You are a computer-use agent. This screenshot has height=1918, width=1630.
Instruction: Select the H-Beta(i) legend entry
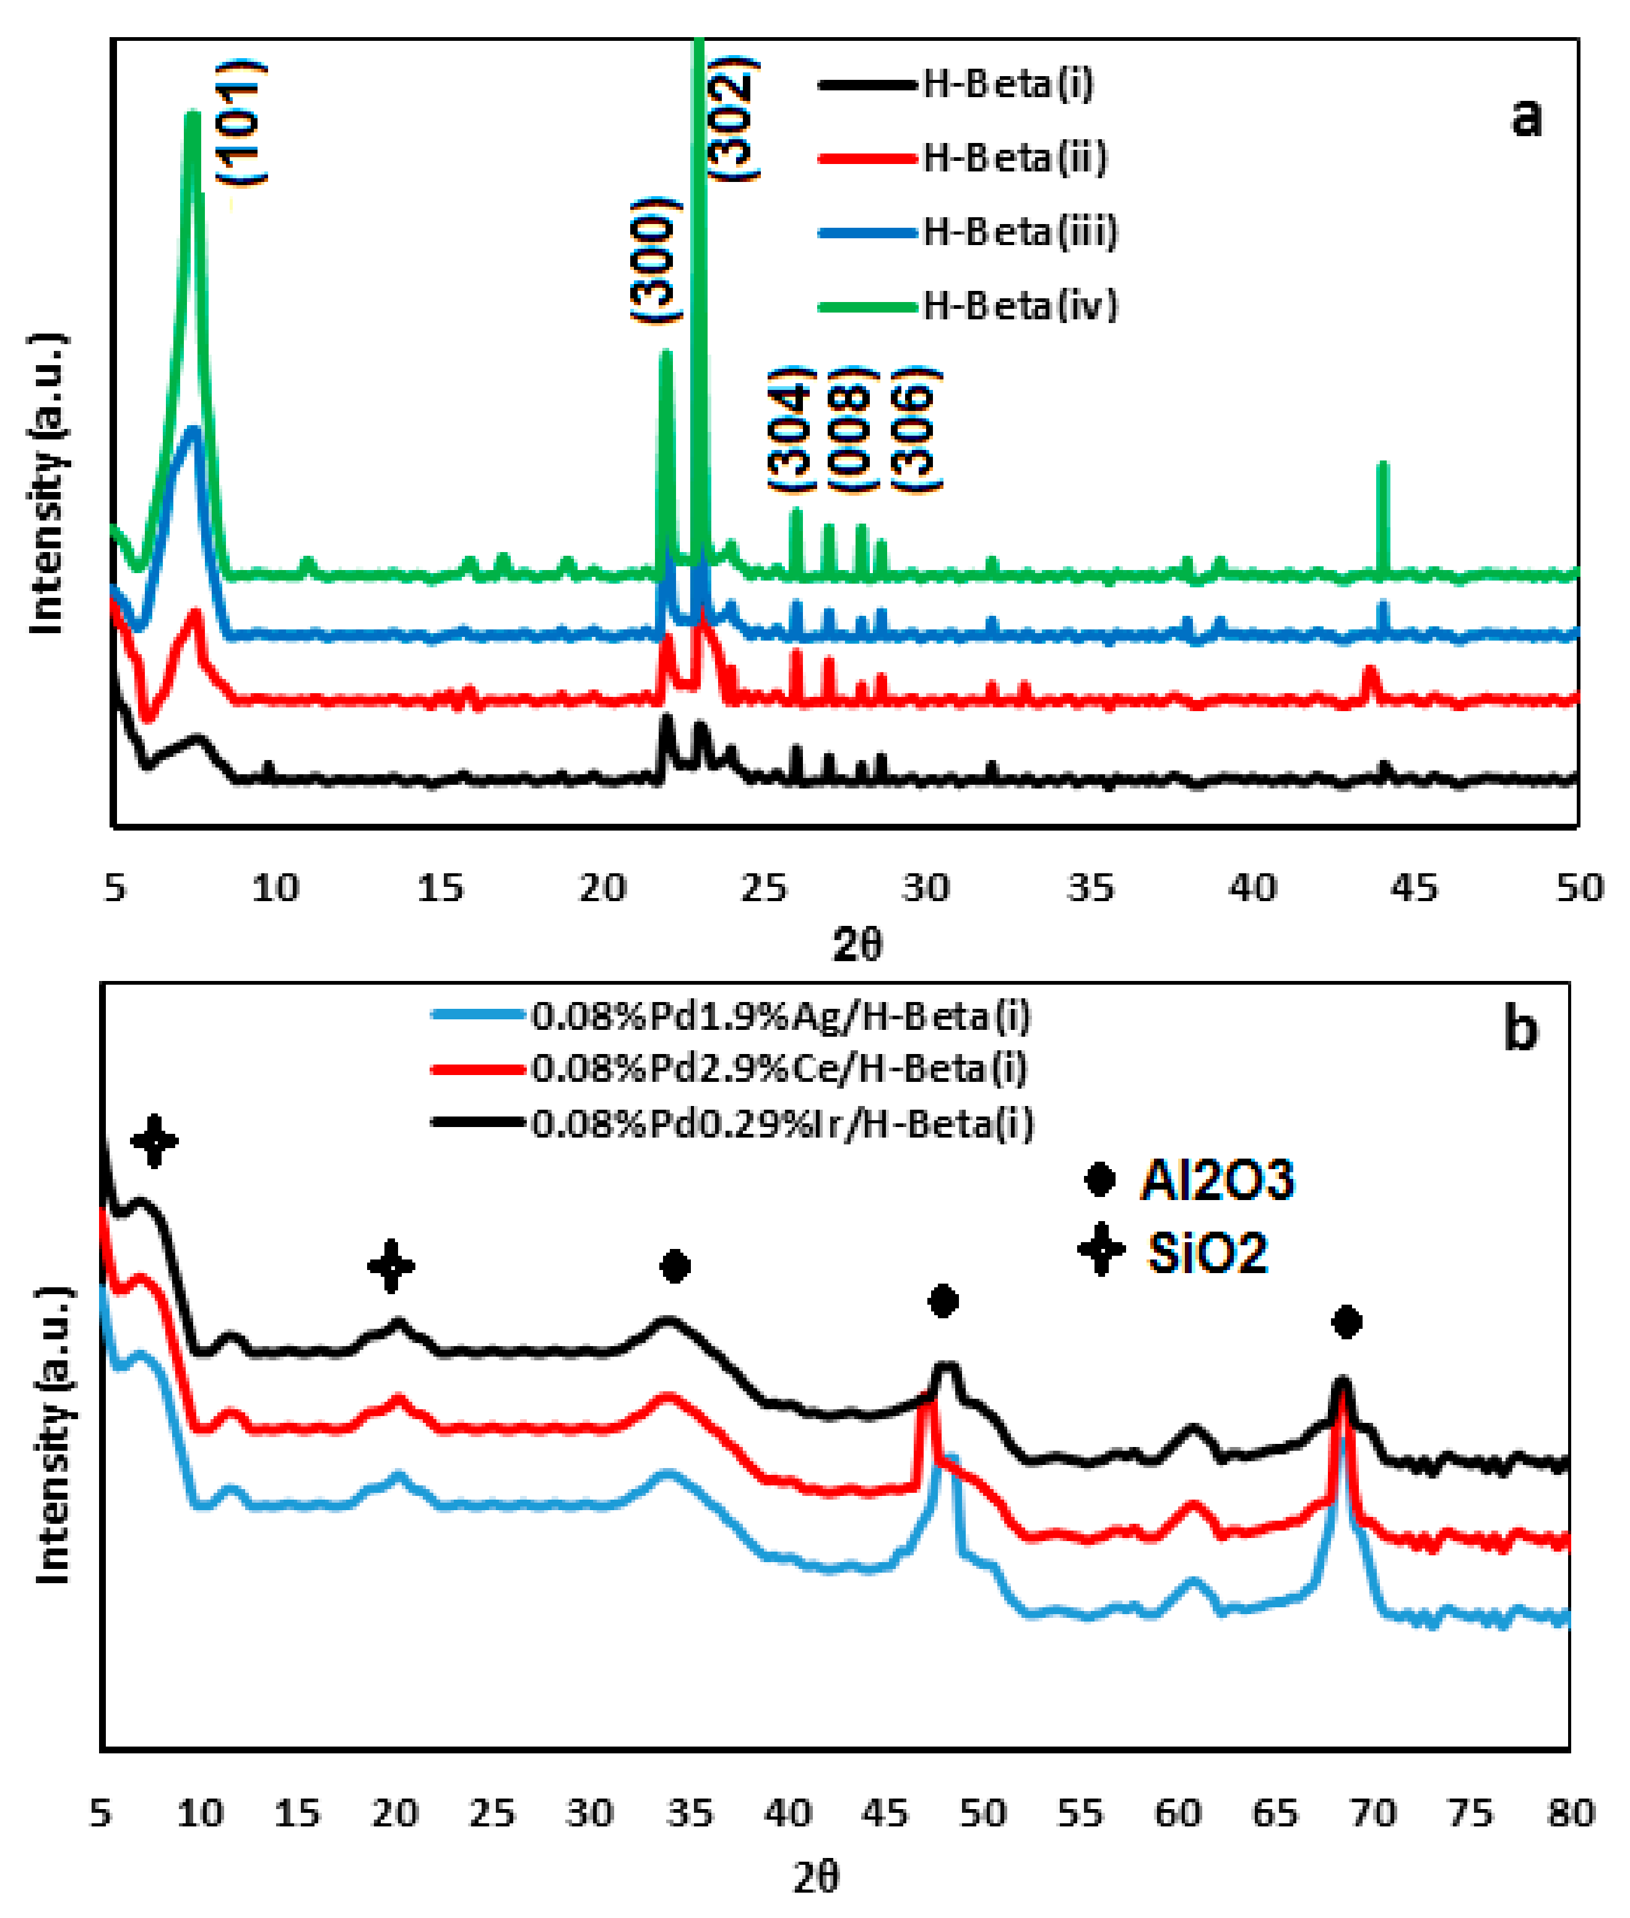coord(1007,84)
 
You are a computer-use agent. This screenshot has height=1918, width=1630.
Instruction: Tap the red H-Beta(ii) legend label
coord(1015,158)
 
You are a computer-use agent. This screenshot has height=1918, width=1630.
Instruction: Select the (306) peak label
coord(915,429)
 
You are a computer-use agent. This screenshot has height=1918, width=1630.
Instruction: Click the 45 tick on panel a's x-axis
coord(1414,888)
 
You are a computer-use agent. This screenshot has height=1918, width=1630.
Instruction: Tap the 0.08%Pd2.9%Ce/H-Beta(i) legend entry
coord(779,1069)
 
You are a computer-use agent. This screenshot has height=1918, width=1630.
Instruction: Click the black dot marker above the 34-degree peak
coord(675,1266)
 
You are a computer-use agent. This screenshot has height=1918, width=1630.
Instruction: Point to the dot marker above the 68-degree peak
coord(1346,1322)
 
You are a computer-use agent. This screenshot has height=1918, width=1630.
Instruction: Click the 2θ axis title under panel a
coord(857,945)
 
